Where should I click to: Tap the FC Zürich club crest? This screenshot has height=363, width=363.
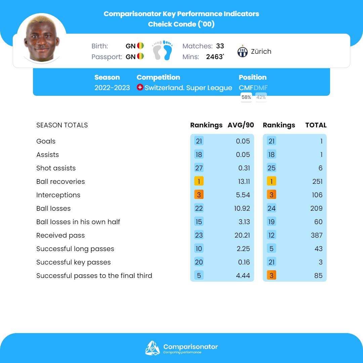pos(242,52)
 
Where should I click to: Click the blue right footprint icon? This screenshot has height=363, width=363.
pos(167,50)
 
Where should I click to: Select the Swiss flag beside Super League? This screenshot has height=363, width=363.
pos(140,87)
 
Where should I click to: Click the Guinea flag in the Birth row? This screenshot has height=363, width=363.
pos(140,46)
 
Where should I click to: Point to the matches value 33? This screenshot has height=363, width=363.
pos(220,46)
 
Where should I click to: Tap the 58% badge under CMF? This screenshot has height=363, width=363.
pos(246,97)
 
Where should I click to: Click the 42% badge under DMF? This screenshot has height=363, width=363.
pos(261,97)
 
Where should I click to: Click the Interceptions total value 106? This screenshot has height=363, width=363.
pos(317,195)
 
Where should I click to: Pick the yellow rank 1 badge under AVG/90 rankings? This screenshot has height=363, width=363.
pos(199,182)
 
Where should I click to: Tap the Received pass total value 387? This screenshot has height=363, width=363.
pos(317,235)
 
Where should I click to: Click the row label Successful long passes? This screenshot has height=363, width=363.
pos(75,249)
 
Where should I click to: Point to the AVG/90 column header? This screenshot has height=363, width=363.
pos(241,125)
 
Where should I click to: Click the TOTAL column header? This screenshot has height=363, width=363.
pos(316,125)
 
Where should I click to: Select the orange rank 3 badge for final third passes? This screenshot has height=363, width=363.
pos(272,276)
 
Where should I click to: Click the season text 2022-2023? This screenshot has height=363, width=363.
pos(112,88)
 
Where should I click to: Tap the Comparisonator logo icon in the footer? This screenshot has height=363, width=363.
pos(152,348)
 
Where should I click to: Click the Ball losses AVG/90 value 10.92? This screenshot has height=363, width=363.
pos(242,208)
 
